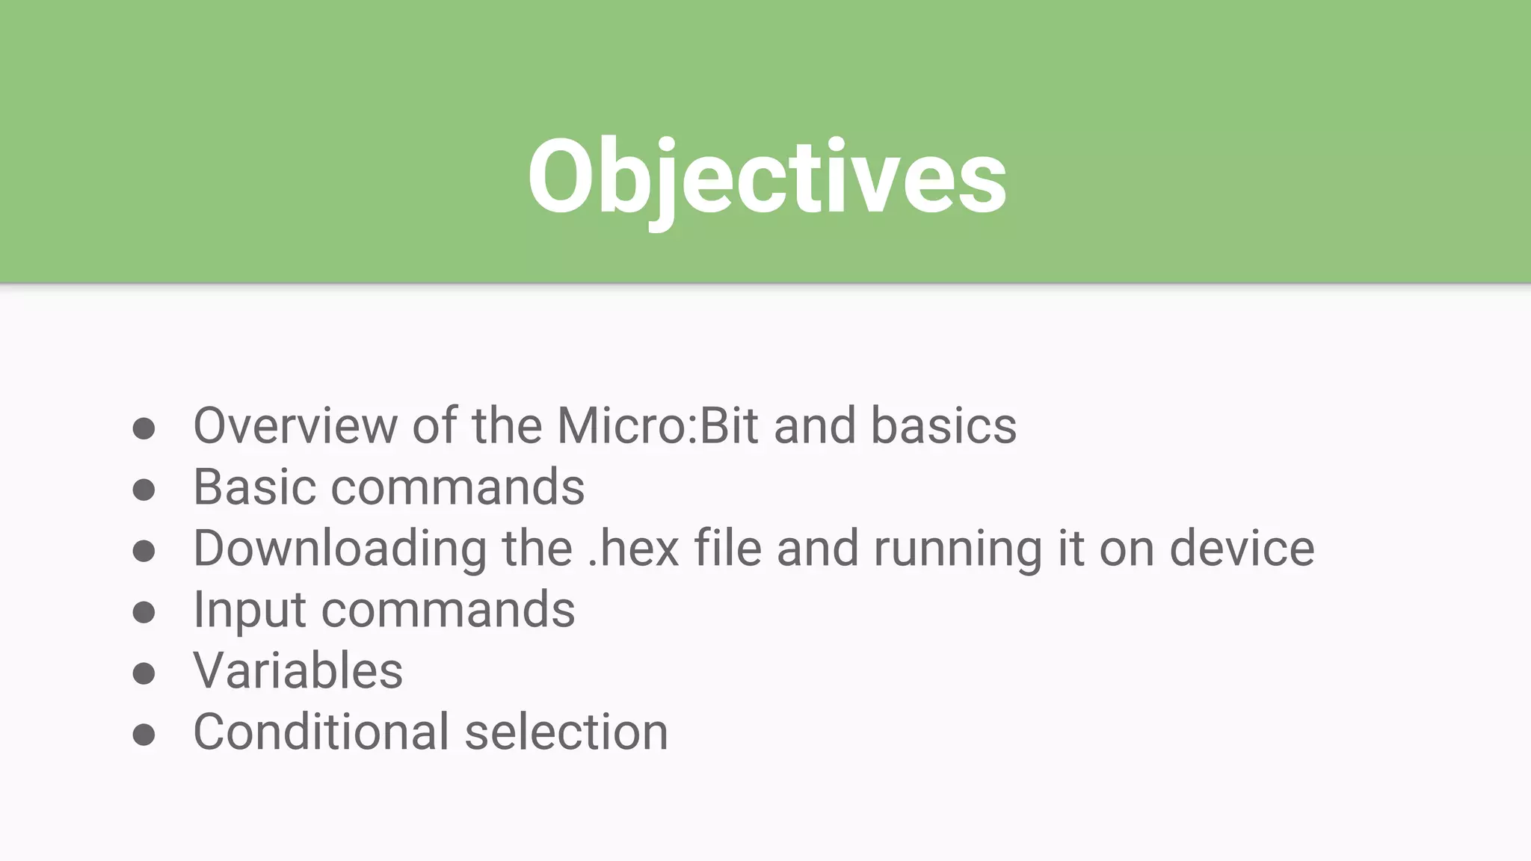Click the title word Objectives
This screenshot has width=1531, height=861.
[x=767, y=178]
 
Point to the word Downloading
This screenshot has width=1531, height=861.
[x=340, y=549]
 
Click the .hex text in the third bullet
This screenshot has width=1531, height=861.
[x=633, y=549]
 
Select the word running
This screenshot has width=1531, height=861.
[x=958, y=549]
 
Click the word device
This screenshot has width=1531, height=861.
[x=1241, y=549]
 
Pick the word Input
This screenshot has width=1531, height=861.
[x=250, y=610]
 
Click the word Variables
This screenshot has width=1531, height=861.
[x=298, y=670]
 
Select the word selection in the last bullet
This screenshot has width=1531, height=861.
[x=566, y=732]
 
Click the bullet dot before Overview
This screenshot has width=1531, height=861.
[x=144, y=429]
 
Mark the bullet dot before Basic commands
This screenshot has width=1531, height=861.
[x=144, y=490]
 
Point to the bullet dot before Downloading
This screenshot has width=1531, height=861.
[x=144, y=552]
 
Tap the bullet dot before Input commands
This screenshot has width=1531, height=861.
[x=144, y=613]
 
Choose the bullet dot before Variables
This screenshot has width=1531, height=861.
[x=144, y=673]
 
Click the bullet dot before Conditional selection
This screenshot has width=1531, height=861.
[x=144, y=735]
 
